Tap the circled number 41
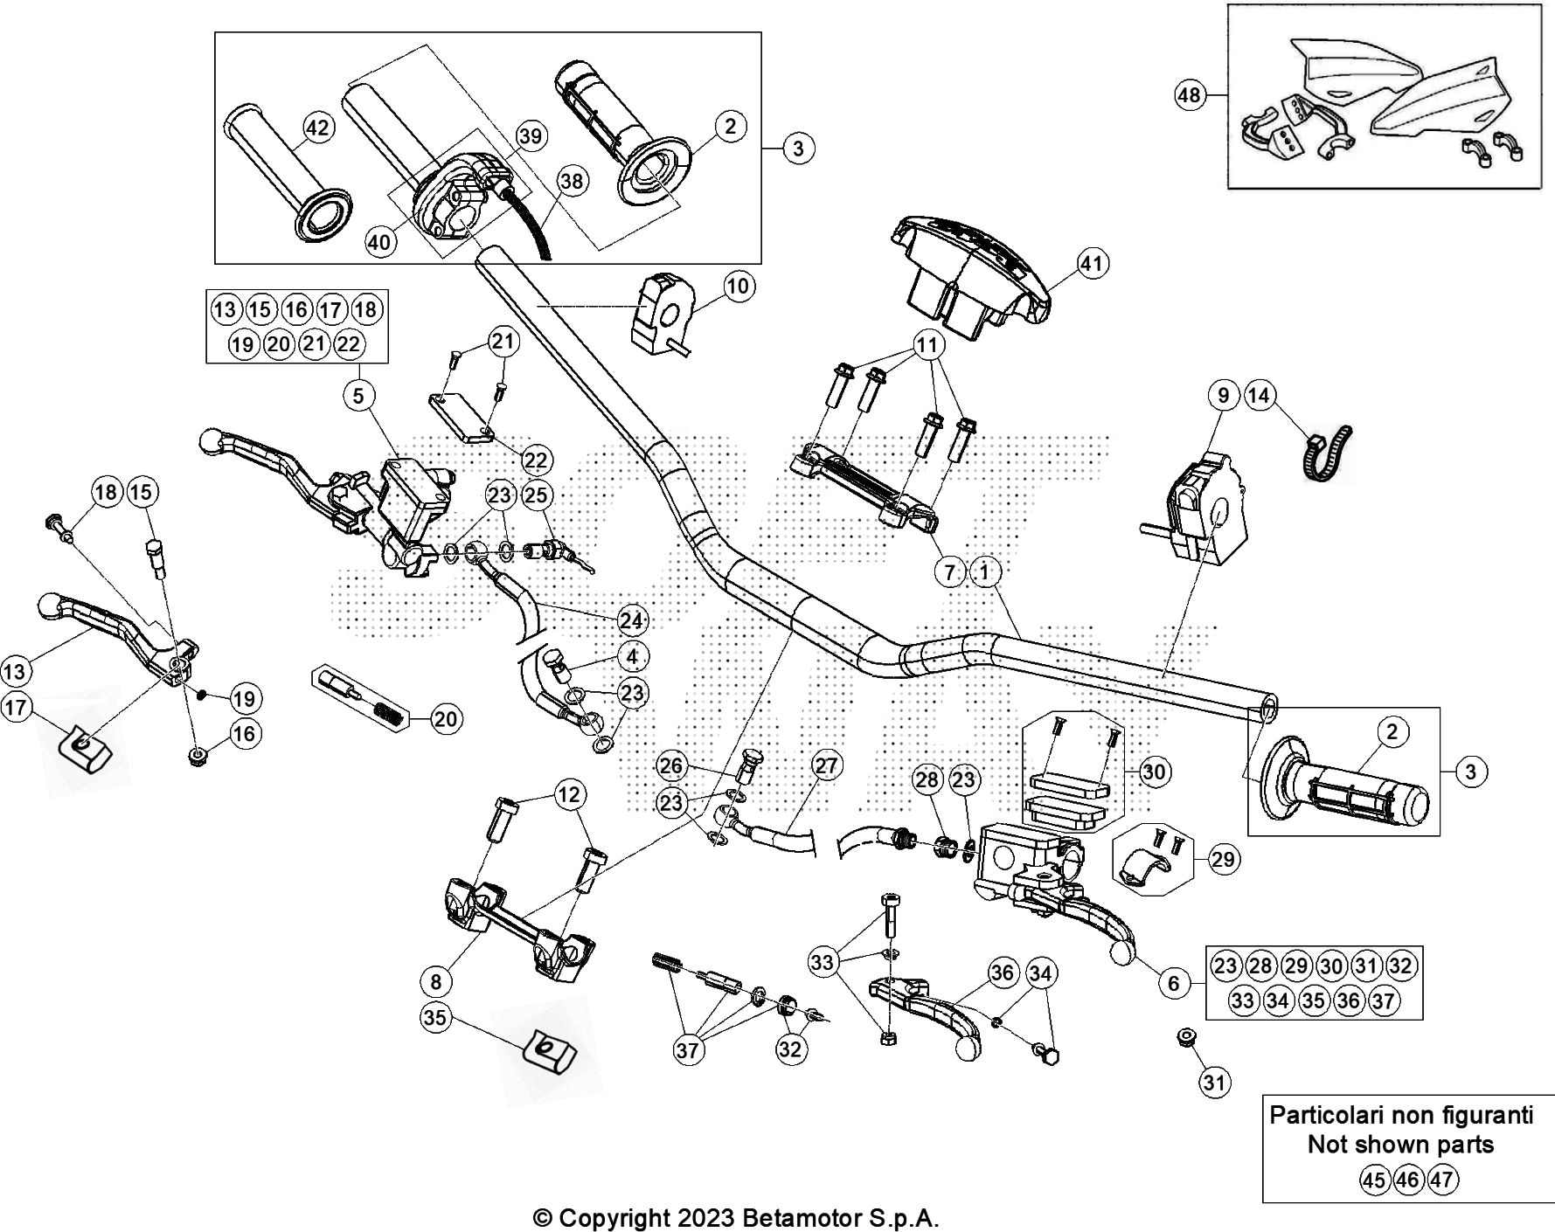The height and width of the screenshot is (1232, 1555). point(1093,264)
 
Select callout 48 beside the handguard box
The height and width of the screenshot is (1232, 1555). point(1190,94)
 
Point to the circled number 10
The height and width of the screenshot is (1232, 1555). point(739,287)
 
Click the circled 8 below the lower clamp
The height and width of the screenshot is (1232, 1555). point(436,981)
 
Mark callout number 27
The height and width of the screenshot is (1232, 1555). point(825,766)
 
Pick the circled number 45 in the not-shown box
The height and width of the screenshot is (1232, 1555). point(1374,1180)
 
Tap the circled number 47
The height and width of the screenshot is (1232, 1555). point(1442,1180)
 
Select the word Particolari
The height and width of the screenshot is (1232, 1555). point(1328,1116)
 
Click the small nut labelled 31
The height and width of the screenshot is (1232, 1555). point(1187,1036)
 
